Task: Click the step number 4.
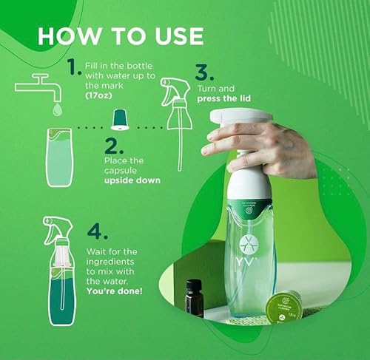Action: pyautogui.click(x=98, y=231)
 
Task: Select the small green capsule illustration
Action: pyautogui.click(x=117, y=117)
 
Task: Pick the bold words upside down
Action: pyautogui.click(x=131, y=180)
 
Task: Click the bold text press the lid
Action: pyautogui.click(x=222, y=98)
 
